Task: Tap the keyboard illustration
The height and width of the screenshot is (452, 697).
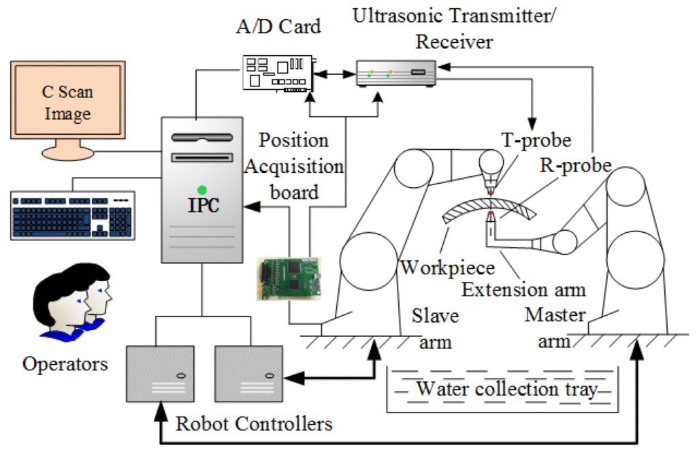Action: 72,212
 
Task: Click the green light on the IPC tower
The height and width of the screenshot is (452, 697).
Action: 201,189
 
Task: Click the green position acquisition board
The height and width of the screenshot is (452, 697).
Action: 289,280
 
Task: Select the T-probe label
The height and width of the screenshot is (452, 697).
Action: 535,141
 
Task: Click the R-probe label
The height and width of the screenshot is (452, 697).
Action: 573,165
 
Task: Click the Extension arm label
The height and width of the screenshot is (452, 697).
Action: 523,289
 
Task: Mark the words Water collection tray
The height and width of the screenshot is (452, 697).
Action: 506,389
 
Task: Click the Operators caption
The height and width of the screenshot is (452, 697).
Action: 65,364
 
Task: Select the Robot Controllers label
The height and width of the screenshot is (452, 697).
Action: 254,423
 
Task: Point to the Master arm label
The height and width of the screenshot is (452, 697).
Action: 555,328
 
